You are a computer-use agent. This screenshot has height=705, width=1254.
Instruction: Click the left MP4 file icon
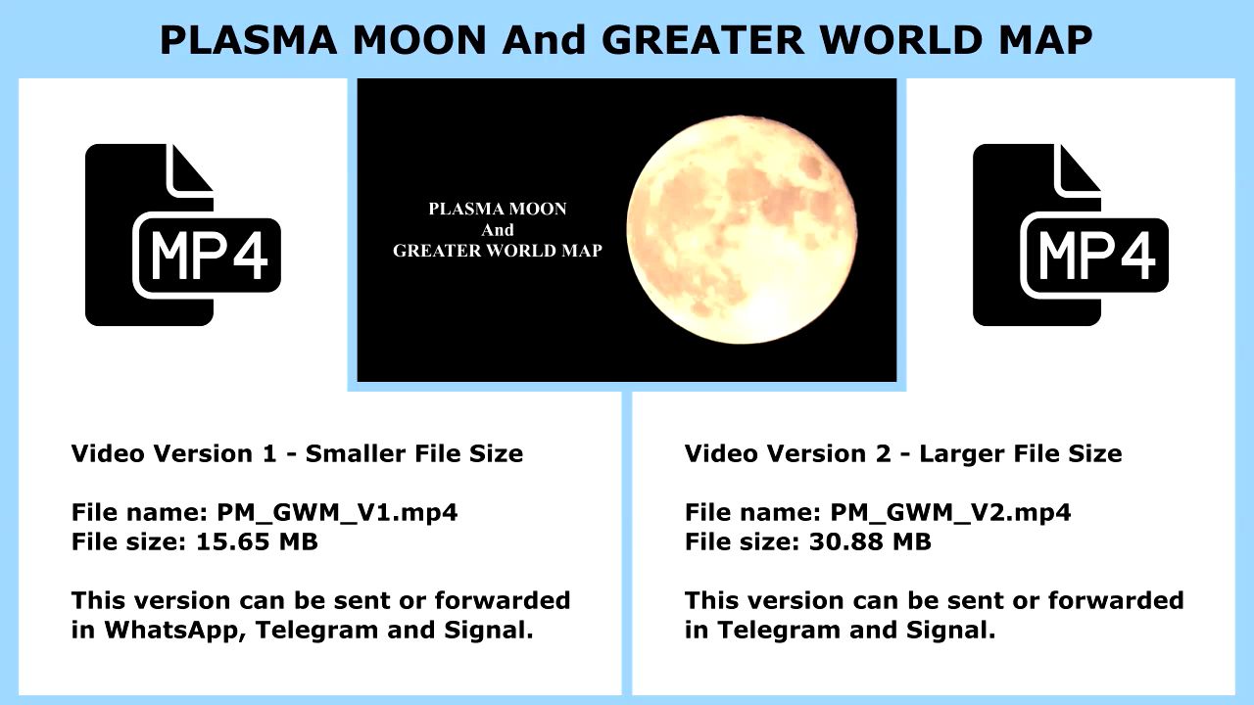(182, 235)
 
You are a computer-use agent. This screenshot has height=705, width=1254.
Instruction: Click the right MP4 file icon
(1071, 235)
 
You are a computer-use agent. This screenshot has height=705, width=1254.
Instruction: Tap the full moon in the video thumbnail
(742, 229)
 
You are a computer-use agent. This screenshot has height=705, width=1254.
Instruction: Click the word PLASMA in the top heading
(249, 40)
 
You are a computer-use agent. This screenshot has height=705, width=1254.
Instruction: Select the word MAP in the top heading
(1045, 40)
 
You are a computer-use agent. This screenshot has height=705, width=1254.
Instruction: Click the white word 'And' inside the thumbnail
(497, 230)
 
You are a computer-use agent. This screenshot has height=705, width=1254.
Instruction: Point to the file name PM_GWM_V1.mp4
(337, 512)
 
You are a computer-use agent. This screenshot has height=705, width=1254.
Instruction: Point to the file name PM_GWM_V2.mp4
(950, 512)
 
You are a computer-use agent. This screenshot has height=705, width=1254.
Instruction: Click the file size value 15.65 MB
(257, 541)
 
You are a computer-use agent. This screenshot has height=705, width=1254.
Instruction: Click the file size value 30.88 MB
(870, 541)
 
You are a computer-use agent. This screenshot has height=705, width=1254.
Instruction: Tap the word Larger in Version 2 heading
(961, 454)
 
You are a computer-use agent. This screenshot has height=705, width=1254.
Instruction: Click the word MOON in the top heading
(419, 40)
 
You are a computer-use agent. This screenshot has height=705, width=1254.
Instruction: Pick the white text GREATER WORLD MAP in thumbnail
(497, 251)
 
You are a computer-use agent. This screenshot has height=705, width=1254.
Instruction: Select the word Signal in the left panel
(488, 631)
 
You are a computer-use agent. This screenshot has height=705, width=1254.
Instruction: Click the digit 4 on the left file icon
(250, 256)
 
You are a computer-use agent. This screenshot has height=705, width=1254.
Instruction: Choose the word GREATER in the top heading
(702, 40)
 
